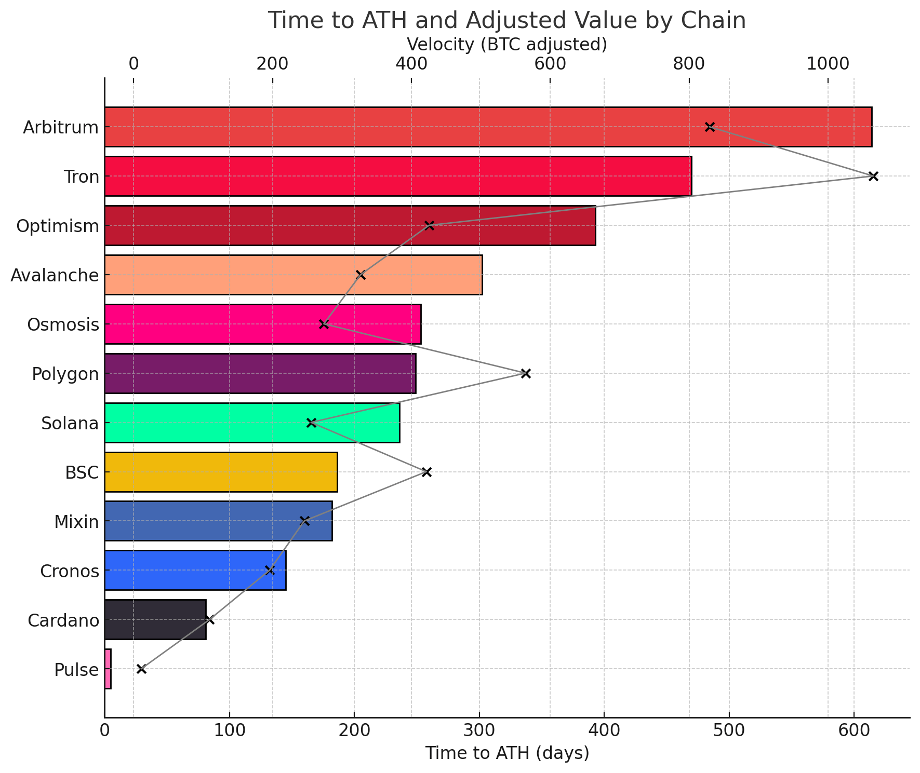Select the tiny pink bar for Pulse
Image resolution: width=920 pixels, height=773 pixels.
pos(108,669)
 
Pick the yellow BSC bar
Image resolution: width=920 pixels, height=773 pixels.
pos(221,472)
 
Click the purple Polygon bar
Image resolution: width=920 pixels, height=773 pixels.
pos(260,373)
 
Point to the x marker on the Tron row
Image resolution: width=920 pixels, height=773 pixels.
pos(873,176)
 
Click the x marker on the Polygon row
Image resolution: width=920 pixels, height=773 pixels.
pos(526,373)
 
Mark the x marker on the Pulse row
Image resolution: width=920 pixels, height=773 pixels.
pos(141,669)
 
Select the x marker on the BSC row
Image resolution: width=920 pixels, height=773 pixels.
pos(426,472)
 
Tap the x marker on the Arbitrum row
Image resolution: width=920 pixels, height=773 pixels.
pos(710,127)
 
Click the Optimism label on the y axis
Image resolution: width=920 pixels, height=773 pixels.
pos(57,226)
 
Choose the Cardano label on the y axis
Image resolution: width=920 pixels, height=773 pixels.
pos(63,620)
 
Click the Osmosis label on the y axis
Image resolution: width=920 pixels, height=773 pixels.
pos(63,324)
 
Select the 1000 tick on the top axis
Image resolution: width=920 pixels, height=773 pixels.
pos(828,64)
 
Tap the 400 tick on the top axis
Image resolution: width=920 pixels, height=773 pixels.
pos(411,64)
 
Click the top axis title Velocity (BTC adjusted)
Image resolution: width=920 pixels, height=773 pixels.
pos(506,45)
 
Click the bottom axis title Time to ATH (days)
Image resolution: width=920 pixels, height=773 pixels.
pos(507,753)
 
